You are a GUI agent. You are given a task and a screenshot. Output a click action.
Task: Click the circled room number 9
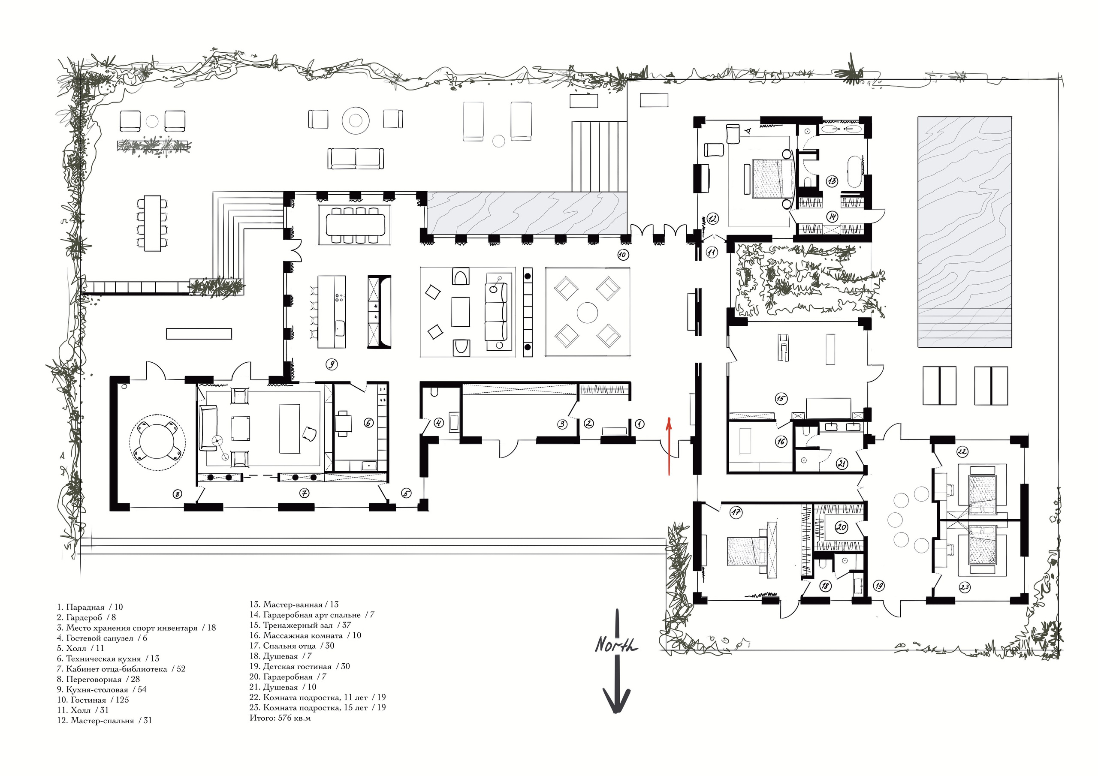[x=332, y=364]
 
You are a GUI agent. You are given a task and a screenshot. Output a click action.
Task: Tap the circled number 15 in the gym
[x=781, y=398]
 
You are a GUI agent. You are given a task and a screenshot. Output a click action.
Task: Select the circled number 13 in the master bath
[x=832, y=181]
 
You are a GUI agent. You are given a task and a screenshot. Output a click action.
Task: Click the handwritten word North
[x=616, y=645]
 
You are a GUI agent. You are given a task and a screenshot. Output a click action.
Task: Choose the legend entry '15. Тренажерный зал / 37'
[x=300, y=625]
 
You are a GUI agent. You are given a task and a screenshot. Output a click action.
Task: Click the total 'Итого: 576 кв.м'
[x=280, y=718]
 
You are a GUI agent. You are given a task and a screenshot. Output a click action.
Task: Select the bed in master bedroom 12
[x=773, y=178]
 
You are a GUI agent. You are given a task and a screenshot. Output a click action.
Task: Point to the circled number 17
[x=736, y=513]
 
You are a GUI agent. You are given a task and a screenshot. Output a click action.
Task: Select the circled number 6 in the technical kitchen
[x=368, y=423]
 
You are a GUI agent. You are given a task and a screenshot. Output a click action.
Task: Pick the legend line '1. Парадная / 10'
[x=90, y=607]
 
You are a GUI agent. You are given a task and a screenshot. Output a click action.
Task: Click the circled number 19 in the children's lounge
[x=878, y=585]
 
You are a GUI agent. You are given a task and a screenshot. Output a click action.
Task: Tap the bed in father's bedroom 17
[x=749, y=552]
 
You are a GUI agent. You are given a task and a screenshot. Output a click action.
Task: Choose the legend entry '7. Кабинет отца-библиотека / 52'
[x=121, y=669]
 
